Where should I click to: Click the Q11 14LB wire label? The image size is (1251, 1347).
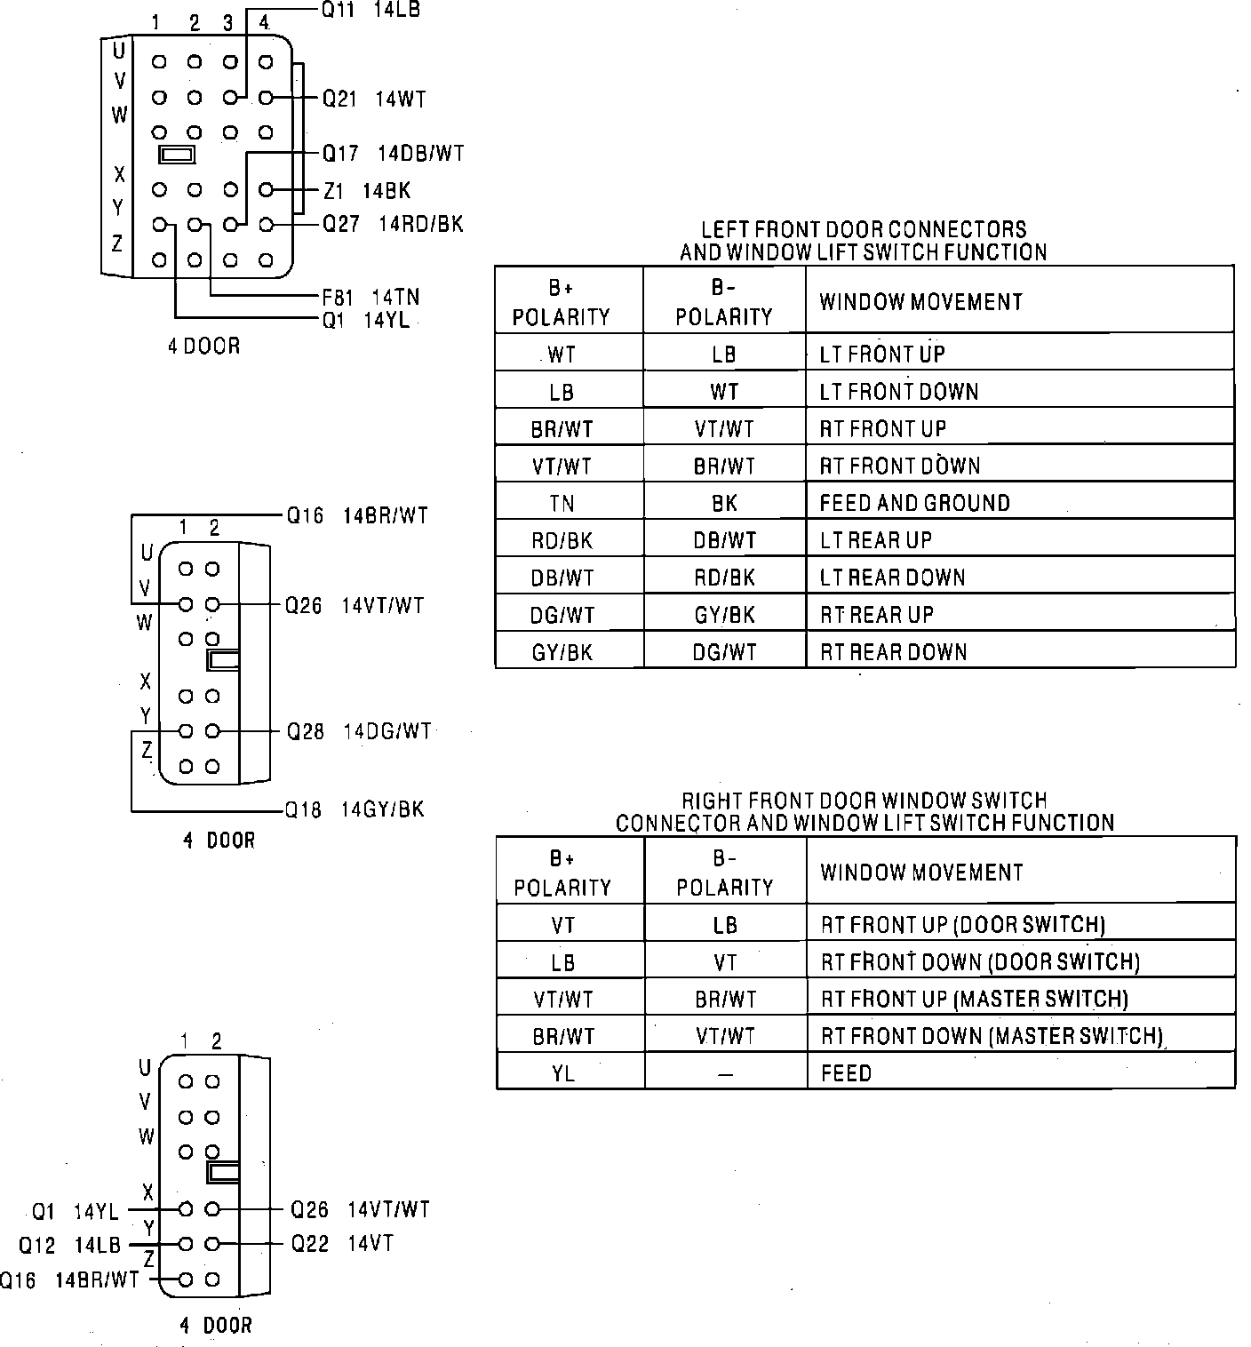(x=370, y=11)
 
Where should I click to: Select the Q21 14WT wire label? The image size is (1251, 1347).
(x=374, y=99)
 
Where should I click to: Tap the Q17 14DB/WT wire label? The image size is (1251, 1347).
(x=393, y=154)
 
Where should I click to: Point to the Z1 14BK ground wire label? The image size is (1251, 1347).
(x=366, y=191)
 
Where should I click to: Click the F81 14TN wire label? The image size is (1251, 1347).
(x=371, y=297)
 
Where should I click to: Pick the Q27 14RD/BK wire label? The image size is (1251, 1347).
(x=393, y=224)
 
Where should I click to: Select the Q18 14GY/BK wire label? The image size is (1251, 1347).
(x=355, y=809)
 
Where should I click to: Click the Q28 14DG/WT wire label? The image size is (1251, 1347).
(x=358, y=731)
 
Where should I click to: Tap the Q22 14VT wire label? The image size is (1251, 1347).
(x=342, y=1244)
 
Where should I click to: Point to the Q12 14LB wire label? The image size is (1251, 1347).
(x=69, y=1246)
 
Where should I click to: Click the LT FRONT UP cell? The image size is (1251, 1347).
(x=881, y=354)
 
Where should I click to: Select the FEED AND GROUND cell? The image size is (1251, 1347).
(x=914, y=504)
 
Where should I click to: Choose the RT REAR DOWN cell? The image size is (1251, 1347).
(x=893, y=652)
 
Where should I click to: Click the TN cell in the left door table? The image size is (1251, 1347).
(x=562, y=504)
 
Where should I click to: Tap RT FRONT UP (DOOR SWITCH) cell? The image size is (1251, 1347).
(x=963, y=925)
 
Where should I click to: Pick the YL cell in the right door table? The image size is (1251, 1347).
(x=563, y=1073)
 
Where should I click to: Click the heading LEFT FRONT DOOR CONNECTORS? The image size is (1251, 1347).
(x=864, y=230)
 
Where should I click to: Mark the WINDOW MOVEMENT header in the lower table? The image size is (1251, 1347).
(x=921, y=873)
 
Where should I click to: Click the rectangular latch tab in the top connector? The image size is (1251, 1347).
(x=176, y=155)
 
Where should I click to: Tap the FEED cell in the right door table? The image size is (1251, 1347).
(x=846, y=1073)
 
